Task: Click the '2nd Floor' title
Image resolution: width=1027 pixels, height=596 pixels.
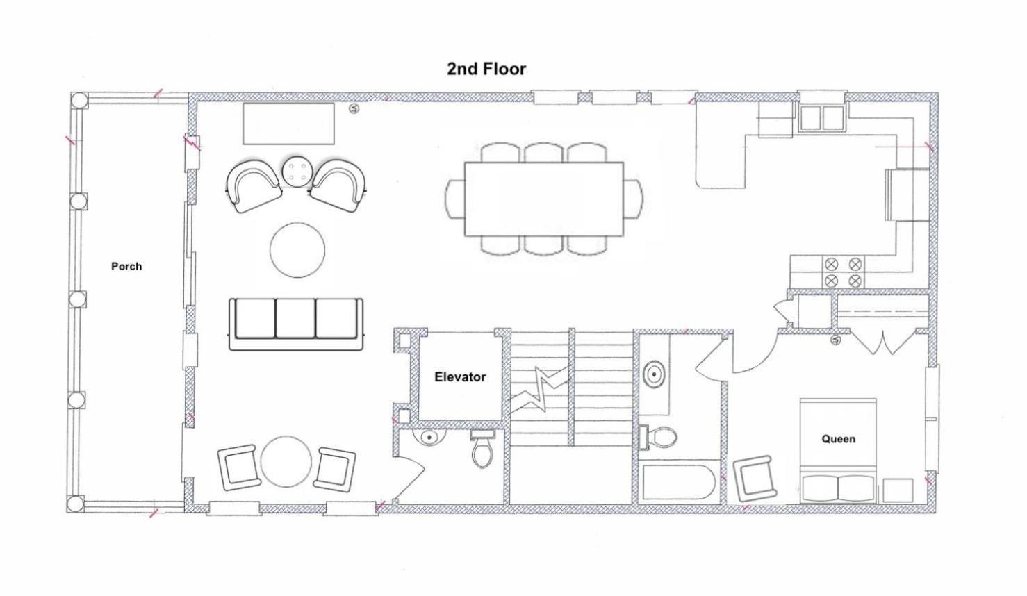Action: [486, 69]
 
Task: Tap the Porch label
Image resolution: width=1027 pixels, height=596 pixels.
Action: [126, 266]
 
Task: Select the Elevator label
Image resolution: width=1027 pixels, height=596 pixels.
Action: [460, 377]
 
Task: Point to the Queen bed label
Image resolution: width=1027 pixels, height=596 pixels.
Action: [838, 439]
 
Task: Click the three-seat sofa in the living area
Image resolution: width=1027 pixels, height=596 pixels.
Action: [296, 324]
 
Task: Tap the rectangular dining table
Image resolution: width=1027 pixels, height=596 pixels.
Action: [544, 199]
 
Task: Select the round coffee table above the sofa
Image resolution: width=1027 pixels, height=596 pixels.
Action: [297, 250]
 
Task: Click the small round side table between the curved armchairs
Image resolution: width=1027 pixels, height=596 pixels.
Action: [297, 172]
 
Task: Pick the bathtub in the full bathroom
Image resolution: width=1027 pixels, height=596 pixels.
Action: [678, 482]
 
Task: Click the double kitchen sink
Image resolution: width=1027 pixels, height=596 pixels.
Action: [822, 118]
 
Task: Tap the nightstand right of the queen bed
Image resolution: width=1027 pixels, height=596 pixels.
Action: [898, 490]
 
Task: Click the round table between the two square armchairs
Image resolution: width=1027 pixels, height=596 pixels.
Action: [286, 461]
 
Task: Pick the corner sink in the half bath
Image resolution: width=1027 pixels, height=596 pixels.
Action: [429, 436]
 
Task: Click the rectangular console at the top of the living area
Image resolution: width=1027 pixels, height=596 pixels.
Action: [288, 124]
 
